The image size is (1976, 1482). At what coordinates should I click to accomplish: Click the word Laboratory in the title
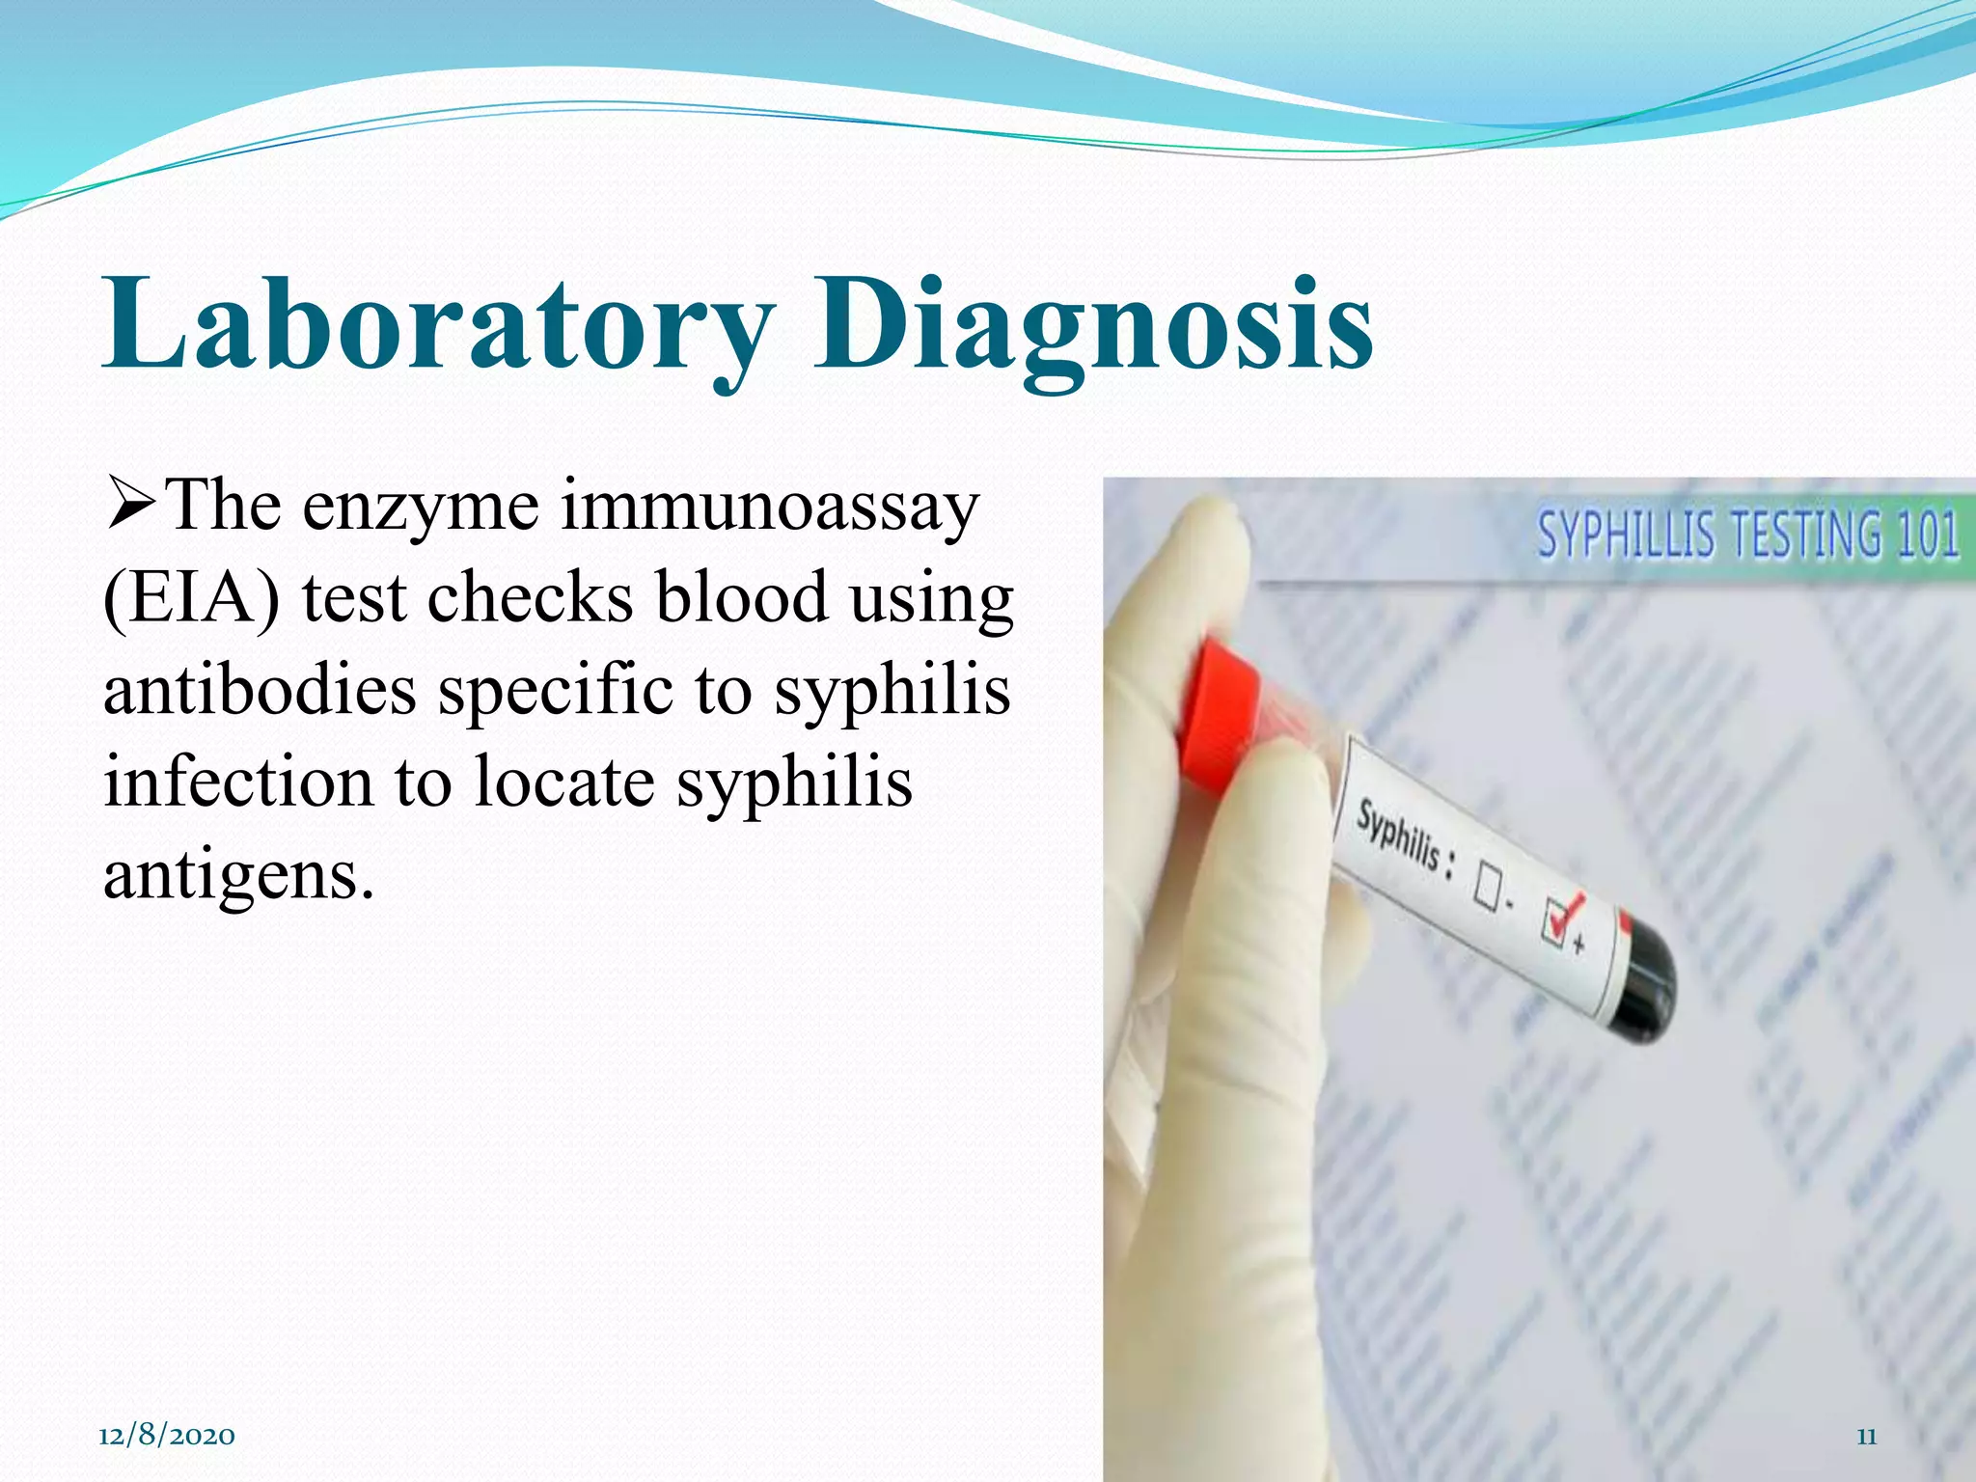click(x=439, y=323)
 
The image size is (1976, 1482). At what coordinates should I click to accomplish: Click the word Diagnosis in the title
click(x=1092, y=323)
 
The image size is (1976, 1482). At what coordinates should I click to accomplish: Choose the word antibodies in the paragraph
click(x=260, y=690)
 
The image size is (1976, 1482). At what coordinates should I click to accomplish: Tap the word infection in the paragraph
click(x=237, y=782)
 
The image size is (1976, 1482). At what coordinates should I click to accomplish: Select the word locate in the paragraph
click(x=564, y=782)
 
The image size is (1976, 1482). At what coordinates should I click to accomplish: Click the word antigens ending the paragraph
click(x=237, y=874)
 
